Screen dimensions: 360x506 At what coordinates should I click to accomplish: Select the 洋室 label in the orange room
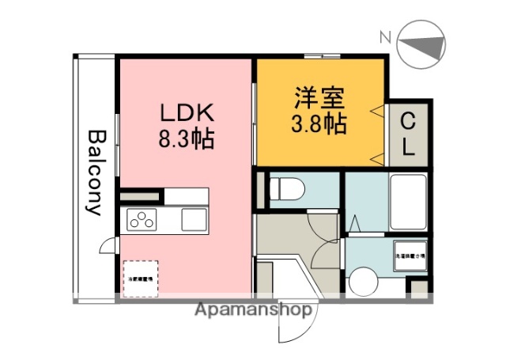[319, 99]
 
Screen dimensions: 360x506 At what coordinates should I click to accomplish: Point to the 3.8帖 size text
[319, 124]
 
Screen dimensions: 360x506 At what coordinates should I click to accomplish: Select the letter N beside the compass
[384, 36]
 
